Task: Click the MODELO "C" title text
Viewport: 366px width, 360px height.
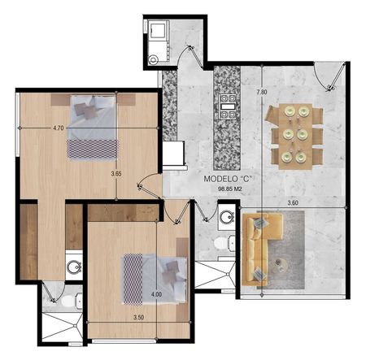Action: [x=228, y=179]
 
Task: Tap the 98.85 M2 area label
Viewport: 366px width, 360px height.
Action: [x=230, y=189]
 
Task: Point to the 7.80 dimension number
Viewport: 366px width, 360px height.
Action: [x=262, y=92]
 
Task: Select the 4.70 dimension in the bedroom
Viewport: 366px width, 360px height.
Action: [x=59, y=128]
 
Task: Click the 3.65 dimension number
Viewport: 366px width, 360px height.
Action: [x=116, y=174]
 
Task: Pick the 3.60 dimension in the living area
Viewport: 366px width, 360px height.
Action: [x=293, y=203]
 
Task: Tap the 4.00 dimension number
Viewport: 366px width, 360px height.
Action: [x=156, y=294]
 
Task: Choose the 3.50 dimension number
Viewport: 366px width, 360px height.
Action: [x=138, y=317]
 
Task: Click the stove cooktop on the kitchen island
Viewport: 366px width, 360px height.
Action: [x=228, y=106]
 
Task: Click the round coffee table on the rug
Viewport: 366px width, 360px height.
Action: [x=279, y=262]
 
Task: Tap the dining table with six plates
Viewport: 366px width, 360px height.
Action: [x=295, y=137]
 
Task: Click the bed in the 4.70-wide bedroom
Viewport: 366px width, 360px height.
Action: [x=92, y=128]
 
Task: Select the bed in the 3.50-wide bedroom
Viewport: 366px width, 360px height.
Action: [x=155, y=279]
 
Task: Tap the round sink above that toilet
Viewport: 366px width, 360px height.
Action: [x=227, y=218]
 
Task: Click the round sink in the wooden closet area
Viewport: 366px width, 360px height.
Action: [x=74, y=267]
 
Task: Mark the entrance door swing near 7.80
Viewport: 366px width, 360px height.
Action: [x=330, y=76]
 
